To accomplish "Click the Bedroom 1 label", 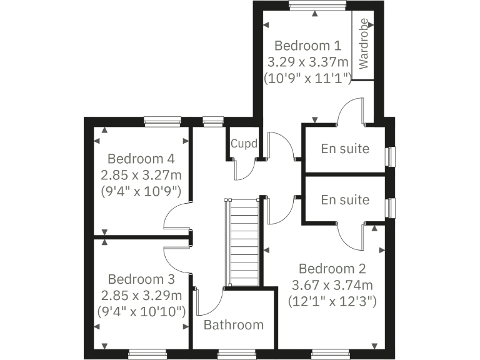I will click(307, 46).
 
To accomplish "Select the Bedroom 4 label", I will click(141, 158).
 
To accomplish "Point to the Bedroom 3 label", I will click(141, 279).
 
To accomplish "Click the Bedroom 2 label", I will click(332, 269).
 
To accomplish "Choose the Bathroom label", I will click(234, 325).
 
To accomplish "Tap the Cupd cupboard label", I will click(243, 143).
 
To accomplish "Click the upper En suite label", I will click(345, 149).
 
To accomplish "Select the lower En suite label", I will click(345, 200).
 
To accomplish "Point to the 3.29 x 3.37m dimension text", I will click(307, 62).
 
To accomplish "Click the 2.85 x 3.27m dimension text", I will click(141, 175).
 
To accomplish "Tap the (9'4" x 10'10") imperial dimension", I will click(141, 311).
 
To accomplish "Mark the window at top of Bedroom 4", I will click(162, 121).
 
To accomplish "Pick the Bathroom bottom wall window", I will click(237, 354).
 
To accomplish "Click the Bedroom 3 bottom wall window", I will click(147, 354).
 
